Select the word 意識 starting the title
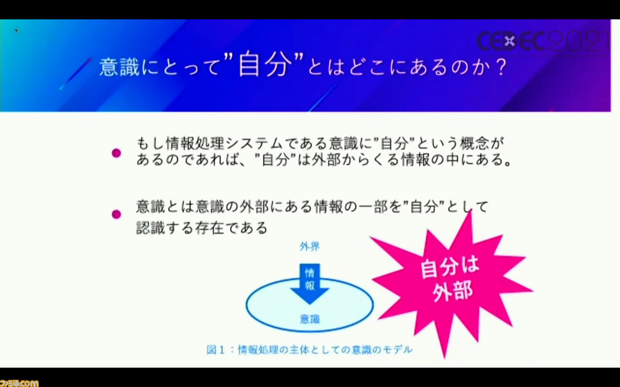pos(119,67)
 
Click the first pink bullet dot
pos(116,153)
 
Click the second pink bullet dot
pos(116,214)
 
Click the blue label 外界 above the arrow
pos(310,246)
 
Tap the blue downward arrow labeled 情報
pos(310,283)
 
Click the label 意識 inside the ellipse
pos(310,319)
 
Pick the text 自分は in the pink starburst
pos(450,267)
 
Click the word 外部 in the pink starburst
pos(452,292)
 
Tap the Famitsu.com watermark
pos(19,383)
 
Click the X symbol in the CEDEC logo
pos(509,42)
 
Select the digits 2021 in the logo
pos(578,41)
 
